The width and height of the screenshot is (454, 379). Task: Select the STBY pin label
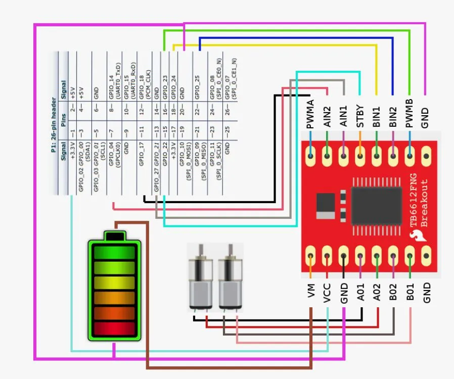click(x=360, y=115)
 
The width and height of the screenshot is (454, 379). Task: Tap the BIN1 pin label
click(x=377, y=115)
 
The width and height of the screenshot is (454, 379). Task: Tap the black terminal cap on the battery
click(x=114, y=236)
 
